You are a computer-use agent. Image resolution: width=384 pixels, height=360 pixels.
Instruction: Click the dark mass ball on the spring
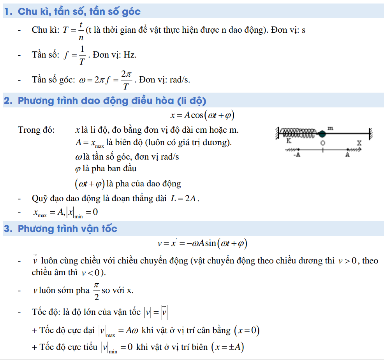322,133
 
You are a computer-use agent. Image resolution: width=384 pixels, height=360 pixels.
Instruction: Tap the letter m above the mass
330,127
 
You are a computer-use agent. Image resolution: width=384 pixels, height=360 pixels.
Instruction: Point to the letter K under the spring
289,141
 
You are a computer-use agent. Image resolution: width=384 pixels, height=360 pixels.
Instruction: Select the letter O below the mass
322,143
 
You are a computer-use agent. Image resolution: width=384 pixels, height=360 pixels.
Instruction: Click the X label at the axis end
359,143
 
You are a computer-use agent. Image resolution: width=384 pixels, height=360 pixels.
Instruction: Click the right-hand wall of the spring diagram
371,133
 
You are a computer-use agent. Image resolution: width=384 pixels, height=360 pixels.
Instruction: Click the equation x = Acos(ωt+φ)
202,116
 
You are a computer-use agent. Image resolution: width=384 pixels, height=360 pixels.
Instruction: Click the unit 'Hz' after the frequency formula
130,54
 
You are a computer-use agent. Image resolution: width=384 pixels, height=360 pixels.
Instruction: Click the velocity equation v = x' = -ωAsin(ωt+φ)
202,244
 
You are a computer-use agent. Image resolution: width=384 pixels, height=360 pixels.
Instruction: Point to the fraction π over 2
96,291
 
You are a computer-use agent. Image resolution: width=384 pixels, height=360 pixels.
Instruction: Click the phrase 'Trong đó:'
37,130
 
